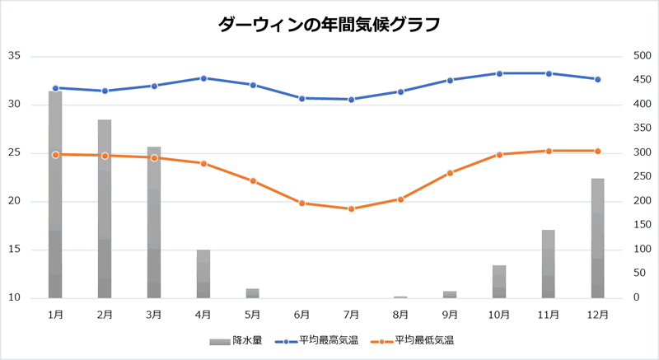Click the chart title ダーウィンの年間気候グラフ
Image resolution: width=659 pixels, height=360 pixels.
(329, 25)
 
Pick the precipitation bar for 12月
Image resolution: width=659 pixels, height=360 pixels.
(598, 238)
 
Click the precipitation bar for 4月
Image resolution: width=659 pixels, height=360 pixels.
(203, 274)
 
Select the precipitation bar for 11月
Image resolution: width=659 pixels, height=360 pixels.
(549, 264)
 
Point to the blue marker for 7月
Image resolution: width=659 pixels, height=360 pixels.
(351, 100)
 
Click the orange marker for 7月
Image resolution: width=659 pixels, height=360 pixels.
(351, 208)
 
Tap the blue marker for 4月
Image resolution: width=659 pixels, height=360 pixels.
(203, 78)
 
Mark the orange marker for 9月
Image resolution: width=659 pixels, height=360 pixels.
(450, 173)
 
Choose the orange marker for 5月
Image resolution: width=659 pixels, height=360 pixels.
(253, 180)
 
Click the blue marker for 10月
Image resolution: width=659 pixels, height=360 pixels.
(499, 73)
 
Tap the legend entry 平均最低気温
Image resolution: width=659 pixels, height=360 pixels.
(413, 340)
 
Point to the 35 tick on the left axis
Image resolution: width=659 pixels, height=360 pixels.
(14, 56)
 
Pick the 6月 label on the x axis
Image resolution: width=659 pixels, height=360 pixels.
(301, 314)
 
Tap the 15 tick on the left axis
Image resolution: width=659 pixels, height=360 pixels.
(14, 250)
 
